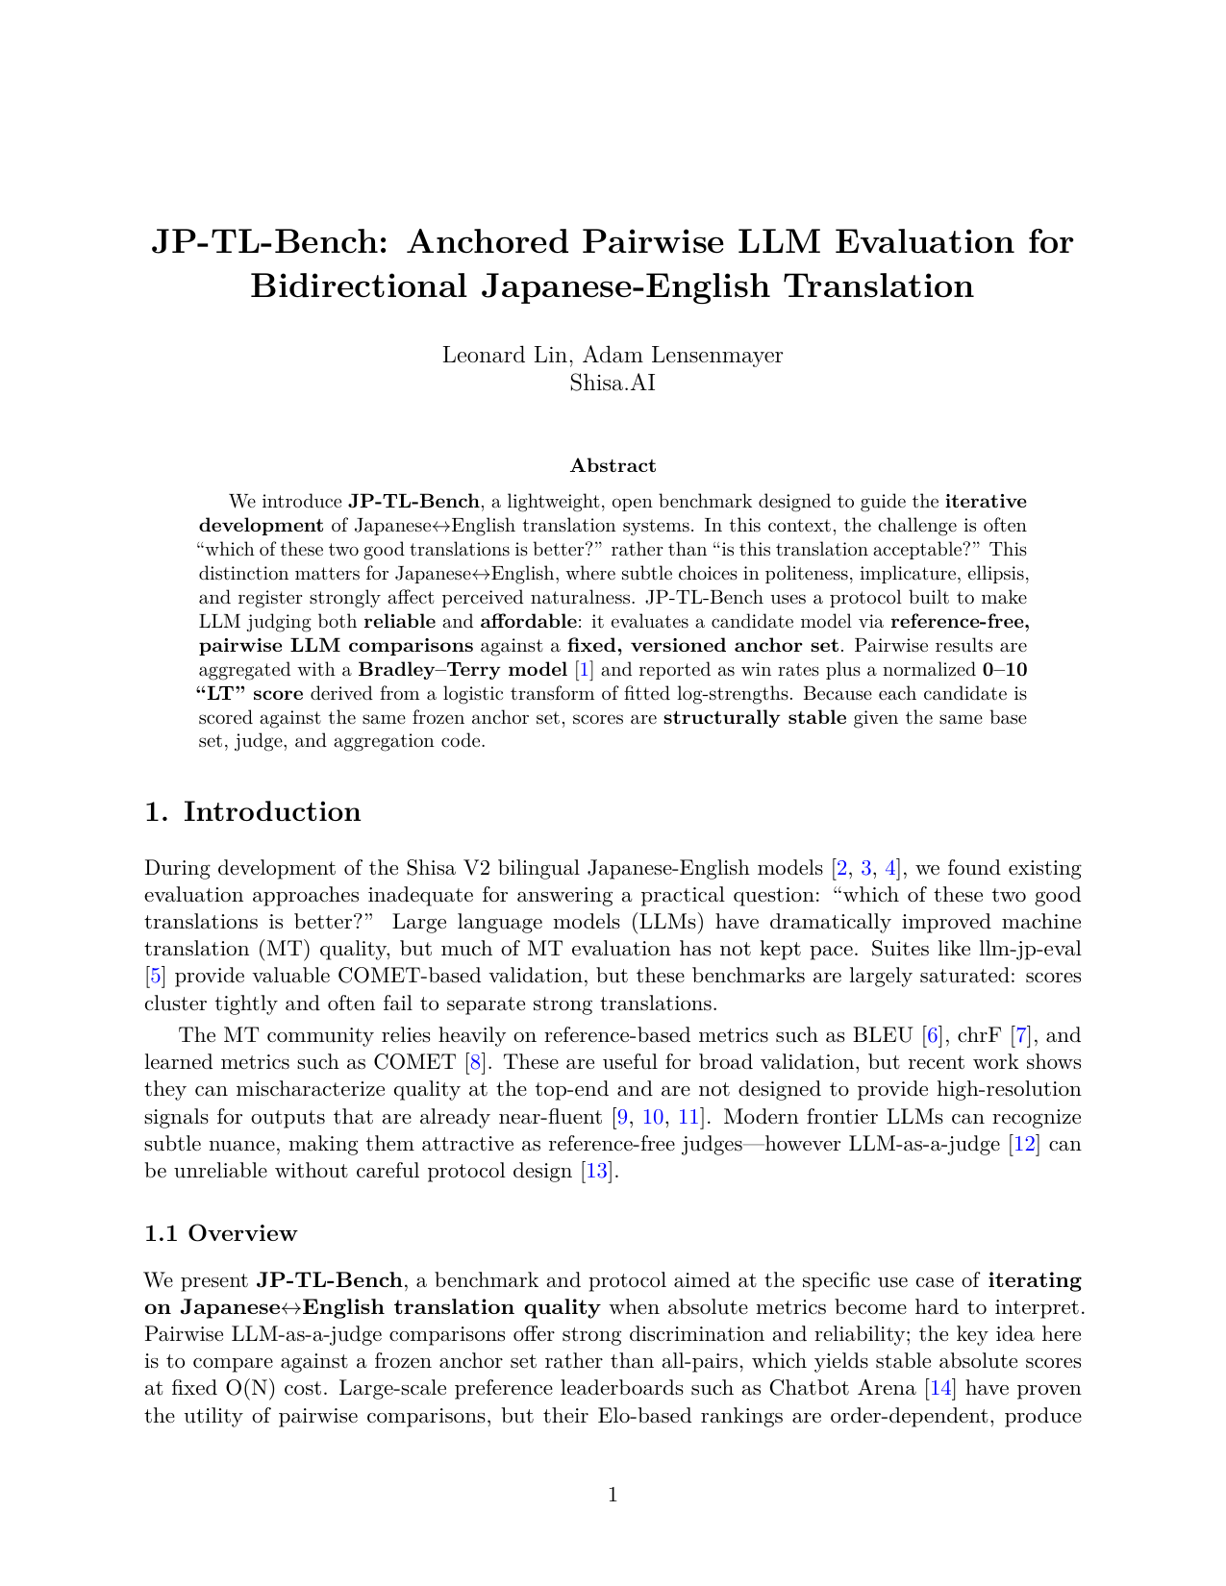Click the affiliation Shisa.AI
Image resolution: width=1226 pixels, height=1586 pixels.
point(613,382)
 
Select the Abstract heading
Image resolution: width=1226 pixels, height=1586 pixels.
point(613,466)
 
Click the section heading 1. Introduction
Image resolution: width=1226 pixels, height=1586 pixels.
point(253,812)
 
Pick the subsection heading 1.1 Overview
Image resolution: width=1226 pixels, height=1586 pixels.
point(220,1233)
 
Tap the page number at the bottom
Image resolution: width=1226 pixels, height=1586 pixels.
point(613,1494)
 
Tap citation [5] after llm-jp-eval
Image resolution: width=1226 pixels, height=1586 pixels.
point(155,977)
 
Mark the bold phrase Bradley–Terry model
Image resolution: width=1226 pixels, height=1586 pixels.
point(463,670)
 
